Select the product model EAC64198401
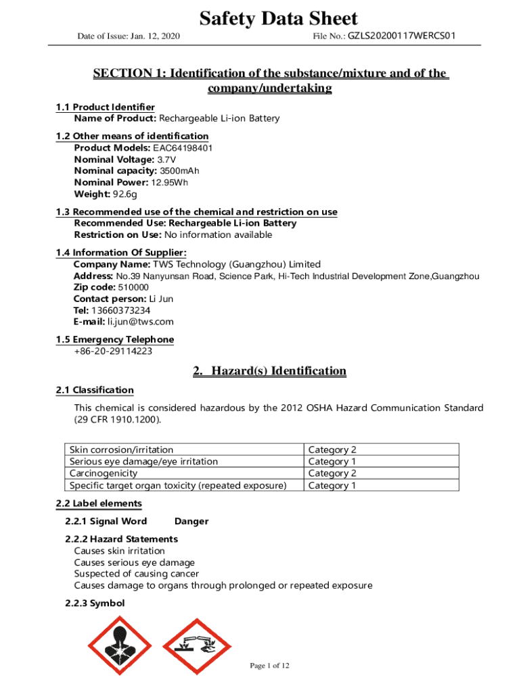point(181,148)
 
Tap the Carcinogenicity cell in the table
point(104,473)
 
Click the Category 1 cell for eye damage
point(332,462)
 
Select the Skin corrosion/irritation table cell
point(121,449)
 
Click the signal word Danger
point(191,521)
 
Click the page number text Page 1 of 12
point(269,666)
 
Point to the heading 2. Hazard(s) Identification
point(269,371)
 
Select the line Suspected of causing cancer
point(136,574)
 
